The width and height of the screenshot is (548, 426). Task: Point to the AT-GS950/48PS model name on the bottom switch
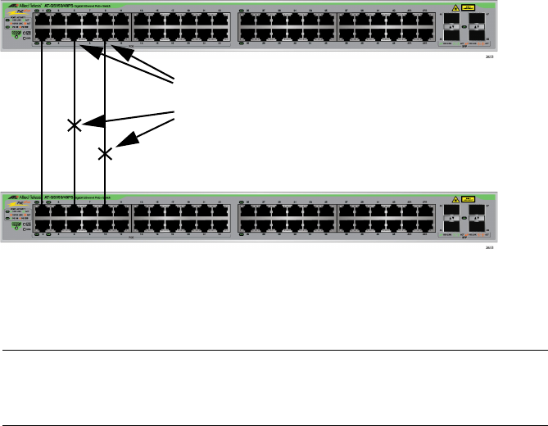60,197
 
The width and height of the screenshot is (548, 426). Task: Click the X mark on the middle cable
75,125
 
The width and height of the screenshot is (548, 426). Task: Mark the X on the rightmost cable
106,153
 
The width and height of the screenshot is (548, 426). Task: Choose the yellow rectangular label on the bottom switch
469,198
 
